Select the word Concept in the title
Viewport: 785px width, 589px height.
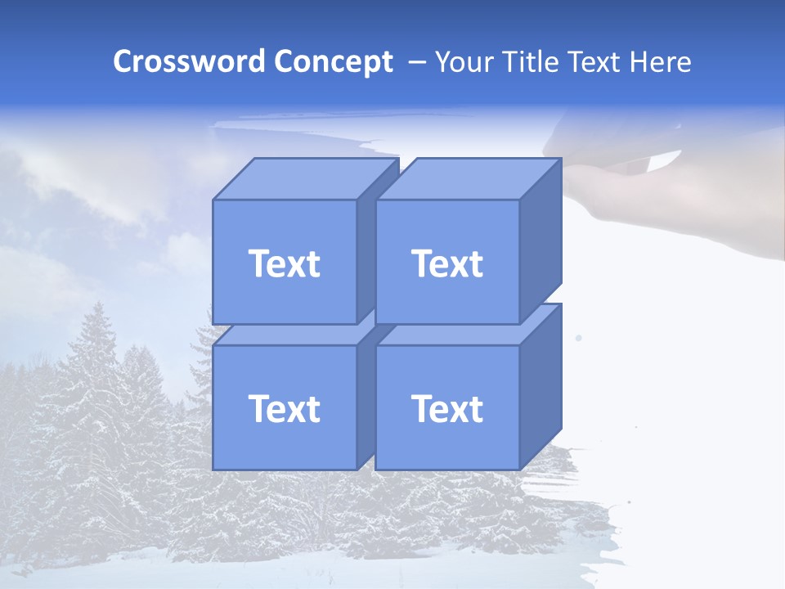tap(333, 61)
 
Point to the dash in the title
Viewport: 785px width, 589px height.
tap(415, 61)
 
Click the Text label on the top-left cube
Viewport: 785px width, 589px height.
tap(284, 263)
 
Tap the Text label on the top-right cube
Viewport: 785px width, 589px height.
tap(446, 263)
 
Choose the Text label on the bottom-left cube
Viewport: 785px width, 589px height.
tap(284, 408)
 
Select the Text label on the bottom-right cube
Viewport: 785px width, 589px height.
tap(446, 408)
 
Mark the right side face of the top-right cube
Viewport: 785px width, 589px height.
tap(541, 241)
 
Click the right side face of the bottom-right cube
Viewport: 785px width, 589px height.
tap(541, 386)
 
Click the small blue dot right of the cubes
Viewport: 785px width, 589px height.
tap(579, 338)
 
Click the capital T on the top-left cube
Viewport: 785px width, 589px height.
tap(258, 263)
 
